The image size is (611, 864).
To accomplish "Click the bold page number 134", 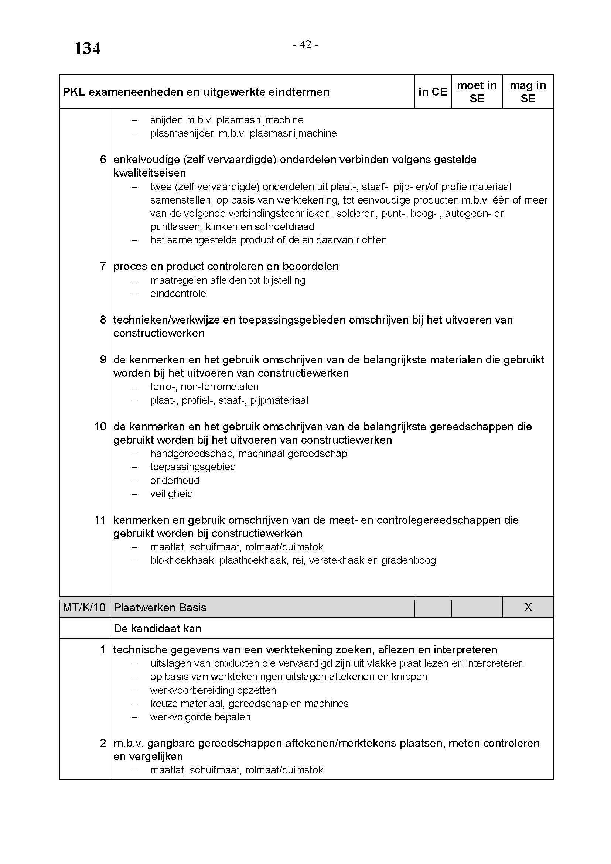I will tap(87, 48).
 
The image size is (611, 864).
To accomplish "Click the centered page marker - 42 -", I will tap(305, 45).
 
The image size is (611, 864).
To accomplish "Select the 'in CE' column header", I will tap(433, 92).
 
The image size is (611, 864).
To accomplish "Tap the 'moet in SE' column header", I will tap(477, 92).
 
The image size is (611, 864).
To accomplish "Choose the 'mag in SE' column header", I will tap(528, 92).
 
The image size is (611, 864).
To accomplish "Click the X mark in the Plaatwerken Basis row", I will tap(528, 607).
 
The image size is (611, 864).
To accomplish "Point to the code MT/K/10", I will tap(84, 607).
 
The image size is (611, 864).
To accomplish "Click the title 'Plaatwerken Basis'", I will tap(160, 607).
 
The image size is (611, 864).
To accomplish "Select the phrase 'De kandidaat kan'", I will tap(157, 628).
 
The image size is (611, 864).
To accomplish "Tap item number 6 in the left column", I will tap(103, 160).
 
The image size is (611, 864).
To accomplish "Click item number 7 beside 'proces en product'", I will tap(103, 266).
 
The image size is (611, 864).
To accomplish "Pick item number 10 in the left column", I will tap(100, 427).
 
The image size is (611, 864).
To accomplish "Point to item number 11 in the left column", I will tap(100, 520).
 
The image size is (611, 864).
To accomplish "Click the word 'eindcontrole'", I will tap(178, 294).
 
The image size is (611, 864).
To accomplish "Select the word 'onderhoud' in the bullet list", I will tap(175, 480).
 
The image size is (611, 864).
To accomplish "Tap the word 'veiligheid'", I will tap(171, 494).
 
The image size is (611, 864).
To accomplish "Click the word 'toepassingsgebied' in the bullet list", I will tap(192, 467).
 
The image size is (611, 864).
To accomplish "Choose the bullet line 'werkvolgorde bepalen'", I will tap(200, 717).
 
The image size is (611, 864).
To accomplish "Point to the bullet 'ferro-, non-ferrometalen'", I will tap(204, 387).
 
